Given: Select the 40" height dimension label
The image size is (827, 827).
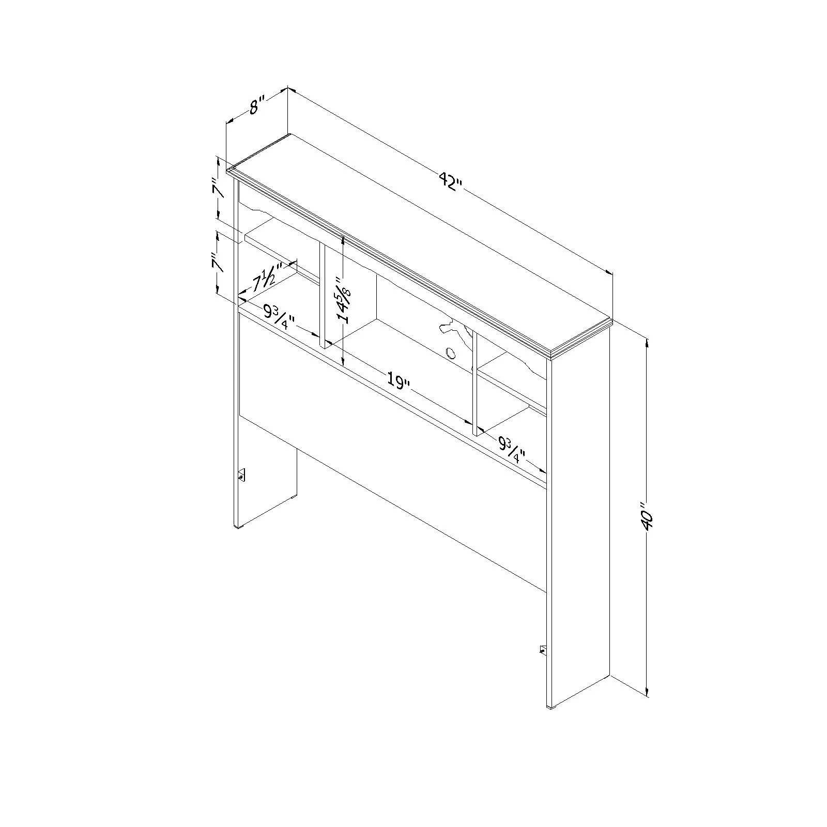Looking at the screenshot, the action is point(647,514).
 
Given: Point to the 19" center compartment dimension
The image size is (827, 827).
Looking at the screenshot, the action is point(399,381).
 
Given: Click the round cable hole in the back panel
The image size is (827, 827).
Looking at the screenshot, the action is point(450,354).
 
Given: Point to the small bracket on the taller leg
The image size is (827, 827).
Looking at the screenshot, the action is point(543,650).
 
